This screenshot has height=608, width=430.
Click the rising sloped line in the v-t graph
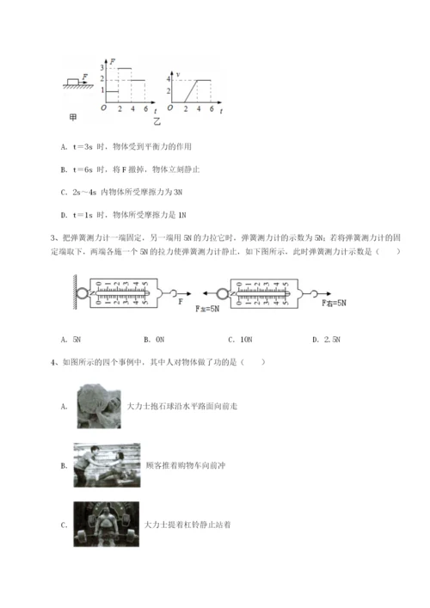click(190, 91)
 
